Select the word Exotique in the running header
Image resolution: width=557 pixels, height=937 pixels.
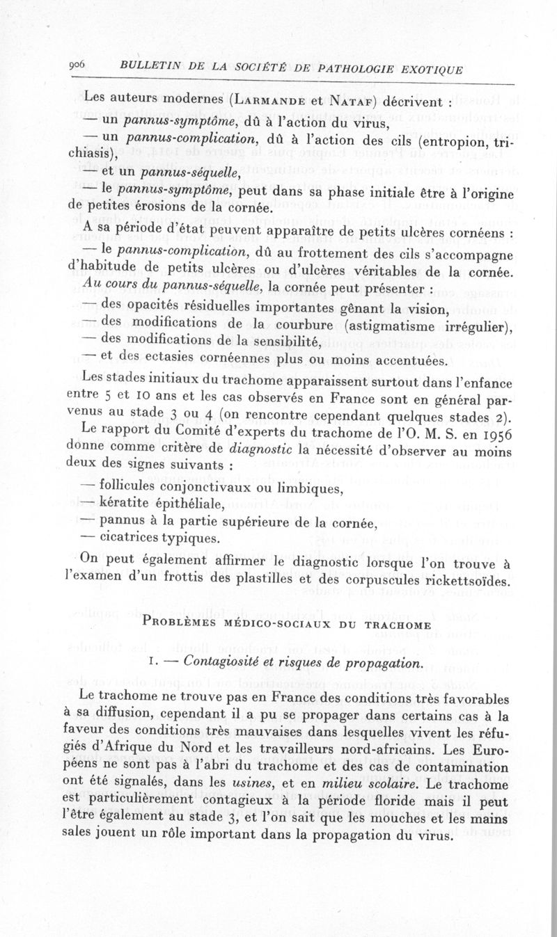coord(426,71)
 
